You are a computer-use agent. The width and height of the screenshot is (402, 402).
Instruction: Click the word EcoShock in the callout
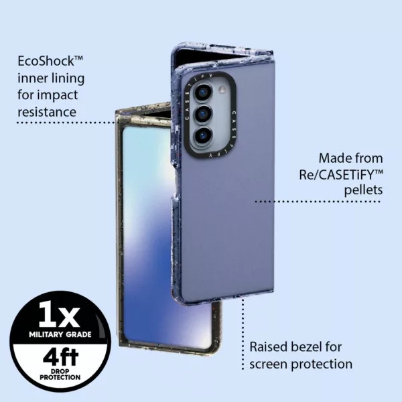pos(46,61)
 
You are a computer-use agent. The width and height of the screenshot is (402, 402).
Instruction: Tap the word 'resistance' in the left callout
pos(46,111)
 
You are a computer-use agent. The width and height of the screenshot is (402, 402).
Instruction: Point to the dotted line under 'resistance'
pos(67,123)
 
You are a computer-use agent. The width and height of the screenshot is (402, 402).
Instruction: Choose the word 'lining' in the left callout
pos(66,78)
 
